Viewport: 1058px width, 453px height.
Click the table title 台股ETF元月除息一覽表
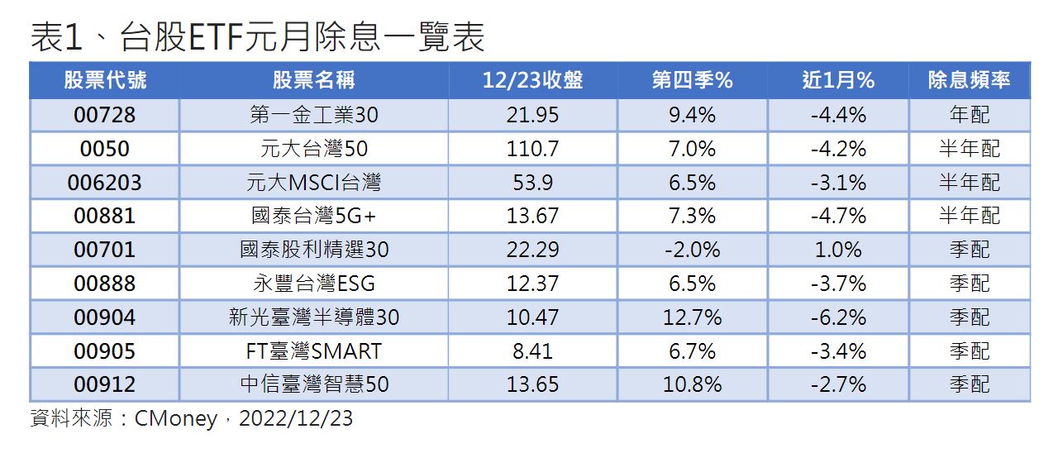click(x=303, y=37)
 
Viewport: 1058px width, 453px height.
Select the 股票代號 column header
click(x=105, y=80)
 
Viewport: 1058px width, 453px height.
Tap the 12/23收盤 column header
click(x=532, y=80)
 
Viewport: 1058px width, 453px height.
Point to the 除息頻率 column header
click(x=969, y=80)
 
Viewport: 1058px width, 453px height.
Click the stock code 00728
click(x=104, y=115)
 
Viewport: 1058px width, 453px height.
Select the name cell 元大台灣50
click(x=313, y=149)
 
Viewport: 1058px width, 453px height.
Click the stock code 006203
click(x=104, y=183)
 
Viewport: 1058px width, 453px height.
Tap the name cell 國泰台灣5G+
click(x=313, y=216)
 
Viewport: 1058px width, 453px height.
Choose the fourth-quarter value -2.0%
click(x=692, y=250)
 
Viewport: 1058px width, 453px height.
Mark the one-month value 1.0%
click(x=838, y=250)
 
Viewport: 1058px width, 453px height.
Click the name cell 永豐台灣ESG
click(x=313, y=284)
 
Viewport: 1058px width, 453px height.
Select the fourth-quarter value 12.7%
click(x=692, y=317)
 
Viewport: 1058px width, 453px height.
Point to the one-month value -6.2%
click(x=838, y=317)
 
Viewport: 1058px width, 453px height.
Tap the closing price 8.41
click(x=532, y=351)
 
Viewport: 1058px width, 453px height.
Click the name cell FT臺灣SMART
click(x=313, y=351)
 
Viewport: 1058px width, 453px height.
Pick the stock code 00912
click(x=104, y=384)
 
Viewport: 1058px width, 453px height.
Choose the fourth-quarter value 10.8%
click(x=692, y=384)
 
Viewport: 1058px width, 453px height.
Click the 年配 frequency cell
click(x=970, y=115)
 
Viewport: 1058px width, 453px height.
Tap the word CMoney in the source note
click(x=176, y=418)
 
